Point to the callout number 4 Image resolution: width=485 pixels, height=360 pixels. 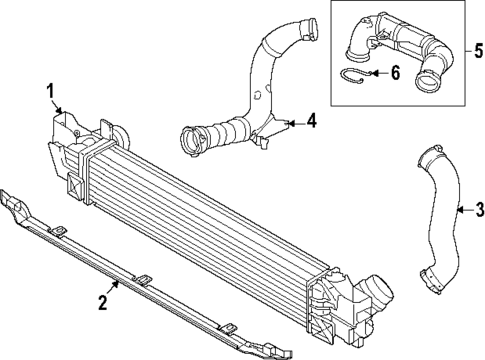[312, 123]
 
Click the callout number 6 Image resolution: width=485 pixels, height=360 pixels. [393, 73]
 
